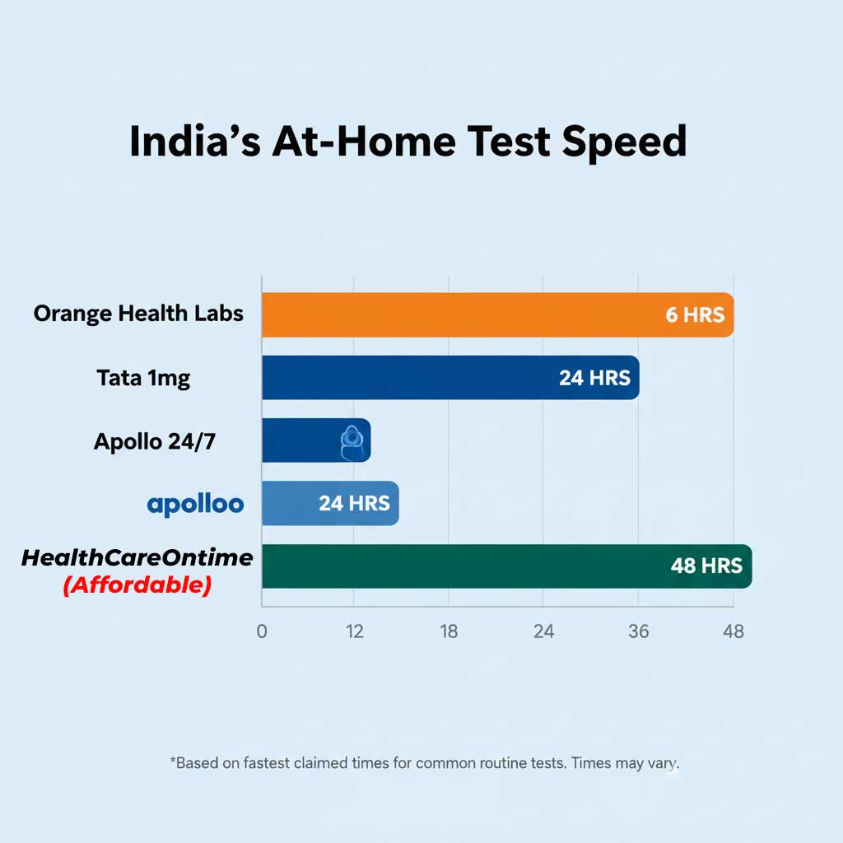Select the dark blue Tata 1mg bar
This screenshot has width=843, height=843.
click(412, 378)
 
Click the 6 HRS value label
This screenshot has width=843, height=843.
click(695, 314)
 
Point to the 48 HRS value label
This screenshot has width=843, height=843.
click(706, 566)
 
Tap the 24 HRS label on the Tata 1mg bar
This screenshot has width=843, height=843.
click(594, 378)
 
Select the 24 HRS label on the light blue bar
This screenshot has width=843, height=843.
click(354, 503)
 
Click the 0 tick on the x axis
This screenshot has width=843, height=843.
click(262, 631)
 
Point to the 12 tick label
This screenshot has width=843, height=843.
click(355, 631)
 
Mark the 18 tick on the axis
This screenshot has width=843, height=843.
click(449, 631)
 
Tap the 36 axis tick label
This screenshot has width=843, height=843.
click(639, 631)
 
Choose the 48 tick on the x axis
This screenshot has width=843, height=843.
click(733, 631)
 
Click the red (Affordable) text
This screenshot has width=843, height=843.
click(137, 585)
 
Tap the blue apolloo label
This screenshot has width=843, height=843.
click(196, 504)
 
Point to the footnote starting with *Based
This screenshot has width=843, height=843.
click(425, 763)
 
